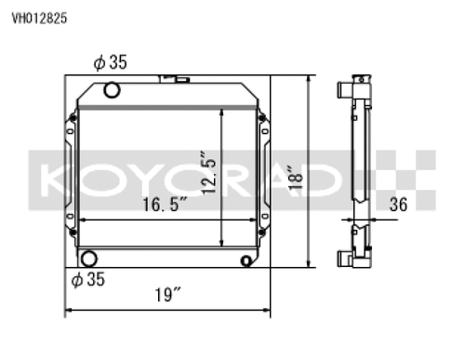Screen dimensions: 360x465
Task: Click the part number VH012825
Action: (39, 16)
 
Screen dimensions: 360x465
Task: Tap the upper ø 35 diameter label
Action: (110, 62)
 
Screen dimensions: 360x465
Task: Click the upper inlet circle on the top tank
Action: (113, 90)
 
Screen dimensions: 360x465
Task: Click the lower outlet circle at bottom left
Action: (90, 259)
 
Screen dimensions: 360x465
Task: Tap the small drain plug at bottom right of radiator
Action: (246, 258)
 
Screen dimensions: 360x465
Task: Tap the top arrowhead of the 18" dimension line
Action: (310, 80)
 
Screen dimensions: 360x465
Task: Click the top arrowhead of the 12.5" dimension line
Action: (221, 110)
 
